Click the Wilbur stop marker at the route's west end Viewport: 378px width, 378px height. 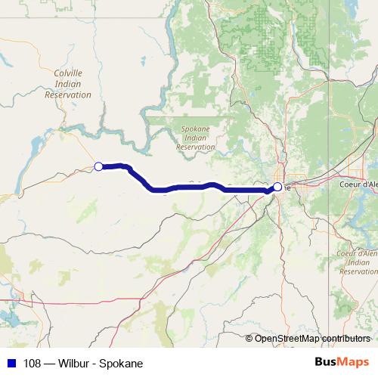[98, 166]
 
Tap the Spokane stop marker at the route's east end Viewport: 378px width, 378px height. [277, 187]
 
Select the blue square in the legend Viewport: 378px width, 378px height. [11, 363]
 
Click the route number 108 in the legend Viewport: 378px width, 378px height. [33, 363]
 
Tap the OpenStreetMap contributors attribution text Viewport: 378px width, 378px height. [312, 338]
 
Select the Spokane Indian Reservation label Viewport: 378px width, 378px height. [195, 138]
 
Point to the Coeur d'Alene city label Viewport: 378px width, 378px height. [359, 184]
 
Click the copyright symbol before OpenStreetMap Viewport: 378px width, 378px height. [250, 338]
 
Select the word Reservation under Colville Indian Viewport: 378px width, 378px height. [68, 95]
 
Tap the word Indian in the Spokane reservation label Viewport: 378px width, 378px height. [195, 138]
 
